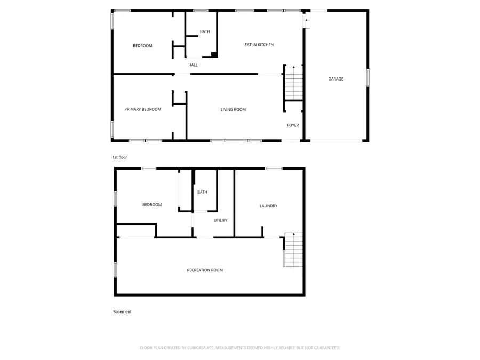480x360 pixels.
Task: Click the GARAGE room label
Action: pyautogui.click(x=335, y=79)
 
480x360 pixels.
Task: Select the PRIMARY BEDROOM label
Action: pyautogui.click(x=142, y=109)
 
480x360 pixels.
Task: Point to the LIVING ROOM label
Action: pyautogui.click(x=233, y=110)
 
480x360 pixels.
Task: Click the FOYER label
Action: pyautogui.click(x=293, y=125)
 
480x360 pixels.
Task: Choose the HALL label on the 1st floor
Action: pyautogui.click(x=193, y=65)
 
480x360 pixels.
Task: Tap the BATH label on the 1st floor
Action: pyautogui.click(x=205, y=31)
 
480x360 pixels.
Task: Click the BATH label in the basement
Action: pyautogui.click(x=202, y=192)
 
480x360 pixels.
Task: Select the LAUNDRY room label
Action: pyautogui.click(x=268, y=206)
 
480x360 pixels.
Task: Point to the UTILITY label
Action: pyautogui.click(x=221, y=220)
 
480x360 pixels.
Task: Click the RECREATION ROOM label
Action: pyautogui.click(x=205, y=270)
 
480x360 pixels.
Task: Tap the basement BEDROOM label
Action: pyautogui.click(x=151, y=205)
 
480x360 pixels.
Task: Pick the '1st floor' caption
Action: pyautogui.click(x=119, y=157)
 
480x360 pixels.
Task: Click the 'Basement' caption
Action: pyautogui.click(x=122, y=311)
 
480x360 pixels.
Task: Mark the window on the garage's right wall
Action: pyautogui.click(x=367, y=77)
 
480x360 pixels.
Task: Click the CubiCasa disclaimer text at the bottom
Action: pyautogui.click(x=239, y=348)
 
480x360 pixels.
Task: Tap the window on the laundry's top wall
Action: pyautogui.click(x=274, y=169)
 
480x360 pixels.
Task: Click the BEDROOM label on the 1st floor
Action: pyautogui.click(x=142, y=46)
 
